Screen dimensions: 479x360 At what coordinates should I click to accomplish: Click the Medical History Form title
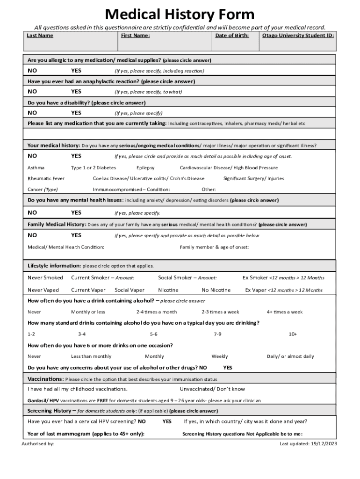[180, 14]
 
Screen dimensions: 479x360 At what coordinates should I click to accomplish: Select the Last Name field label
[40, 36]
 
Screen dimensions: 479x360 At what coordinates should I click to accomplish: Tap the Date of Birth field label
[232, 36]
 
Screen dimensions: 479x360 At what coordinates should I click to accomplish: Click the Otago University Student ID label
[298, 36]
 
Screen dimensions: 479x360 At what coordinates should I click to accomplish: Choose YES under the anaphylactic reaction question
[76, 92]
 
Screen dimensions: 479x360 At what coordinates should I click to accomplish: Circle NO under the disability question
[32, 113]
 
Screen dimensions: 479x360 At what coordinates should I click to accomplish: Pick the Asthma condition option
[36, 167]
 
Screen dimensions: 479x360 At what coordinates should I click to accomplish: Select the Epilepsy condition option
[145, 167]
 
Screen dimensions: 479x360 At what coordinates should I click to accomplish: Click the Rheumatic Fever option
[46, 178]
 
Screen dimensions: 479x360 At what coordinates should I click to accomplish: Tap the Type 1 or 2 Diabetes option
[94, 167]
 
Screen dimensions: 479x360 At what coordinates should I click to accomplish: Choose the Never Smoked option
[45, 278]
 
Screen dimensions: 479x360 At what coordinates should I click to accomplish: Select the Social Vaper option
[130, 290]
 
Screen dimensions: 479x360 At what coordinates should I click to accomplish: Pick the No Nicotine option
[216, 290]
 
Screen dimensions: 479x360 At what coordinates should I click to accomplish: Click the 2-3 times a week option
[220, 312]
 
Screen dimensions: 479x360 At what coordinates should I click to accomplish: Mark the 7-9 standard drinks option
[217, 334]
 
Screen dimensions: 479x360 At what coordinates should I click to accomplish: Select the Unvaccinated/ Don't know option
[212, 389]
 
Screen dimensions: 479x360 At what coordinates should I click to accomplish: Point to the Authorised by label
[38, 443]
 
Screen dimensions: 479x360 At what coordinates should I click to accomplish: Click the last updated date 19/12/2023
[324, 443]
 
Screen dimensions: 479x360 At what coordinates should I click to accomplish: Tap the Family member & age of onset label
[214, 247]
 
